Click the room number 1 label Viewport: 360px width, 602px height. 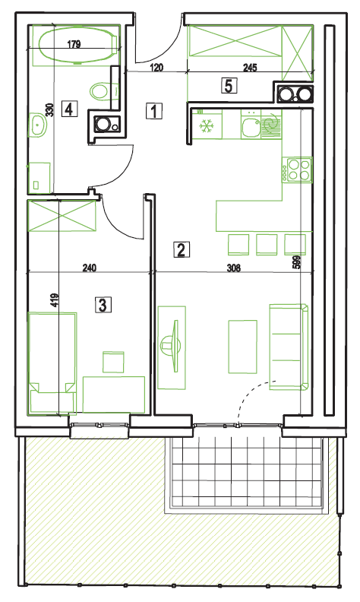[154, 111]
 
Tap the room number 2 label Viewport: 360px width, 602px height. [182, 249]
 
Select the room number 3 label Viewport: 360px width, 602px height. [103, 306]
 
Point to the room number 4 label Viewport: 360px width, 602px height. [69, 109]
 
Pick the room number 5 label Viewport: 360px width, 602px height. [229, 86]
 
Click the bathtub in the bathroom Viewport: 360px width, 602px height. [78, 46]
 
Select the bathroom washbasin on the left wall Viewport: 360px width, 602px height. [38, 124]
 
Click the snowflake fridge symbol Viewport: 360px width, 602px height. [207, 125]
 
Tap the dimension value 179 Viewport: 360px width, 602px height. [74, 44]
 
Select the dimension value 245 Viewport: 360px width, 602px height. [250, 68]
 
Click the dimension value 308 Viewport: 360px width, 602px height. [233, 268]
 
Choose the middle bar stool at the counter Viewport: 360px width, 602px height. [267, 244]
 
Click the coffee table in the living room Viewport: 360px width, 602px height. [242, 347]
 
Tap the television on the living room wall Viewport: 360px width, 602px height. [172, 346]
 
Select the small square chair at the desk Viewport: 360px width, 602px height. [113, 362]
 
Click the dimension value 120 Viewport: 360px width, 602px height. [156, 68]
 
